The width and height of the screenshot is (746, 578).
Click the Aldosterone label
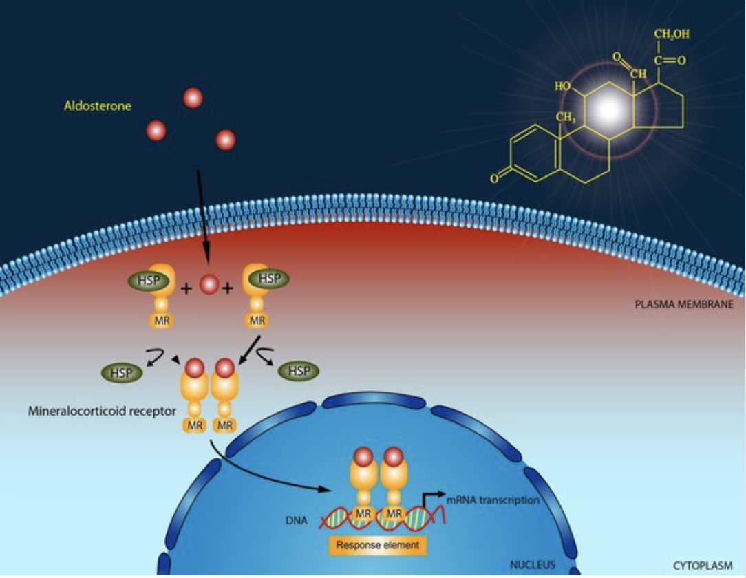(x=97, y=106)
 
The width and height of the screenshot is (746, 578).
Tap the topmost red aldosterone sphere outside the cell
(x=193, y=98)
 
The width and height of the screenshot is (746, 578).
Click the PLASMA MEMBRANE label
(x=683, y=303)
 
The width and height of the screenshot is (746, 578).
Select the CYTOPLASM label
(x=703, y=566)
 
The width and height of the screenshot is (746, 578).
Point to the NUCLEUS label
(x=532, y=565)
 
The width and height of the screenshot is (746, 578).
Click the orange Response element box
(x=378, y=546)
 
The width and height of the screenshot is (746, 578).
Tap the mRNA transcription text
(x=492, y=500)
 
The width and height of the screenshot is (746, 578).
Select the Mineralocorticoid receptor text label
(x=102, y=411)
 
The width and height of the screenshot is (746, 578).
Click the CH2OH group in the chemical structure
(x=671, y=34)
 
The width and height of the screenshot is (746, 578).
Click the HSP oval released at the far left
(x=122, y=372)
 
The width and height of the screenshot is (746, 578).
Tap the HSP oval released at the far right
(x=299, y=372)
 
